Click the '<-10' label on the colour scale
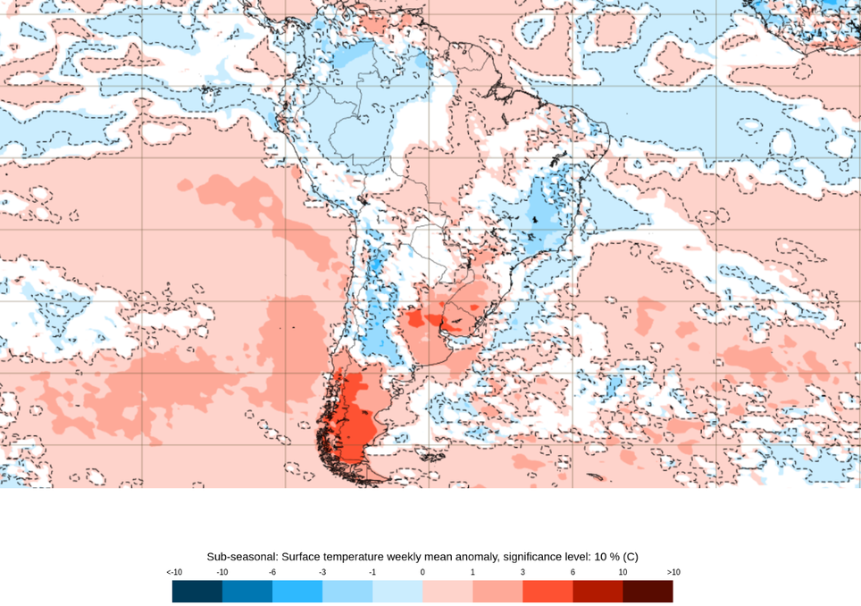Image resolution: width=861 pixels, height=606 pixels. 174,572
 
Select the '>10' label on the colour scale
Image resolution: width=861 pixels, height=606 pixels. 673,572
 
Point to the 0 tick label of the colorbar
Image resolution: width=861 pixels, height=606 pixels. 422,572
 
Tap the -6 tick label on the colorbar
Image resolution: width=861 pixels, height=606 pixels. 272,572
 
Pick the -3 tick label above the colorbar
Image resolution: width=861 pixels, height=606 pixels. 322,572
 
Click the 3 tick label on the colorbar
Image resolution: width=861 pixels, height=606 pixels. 522,572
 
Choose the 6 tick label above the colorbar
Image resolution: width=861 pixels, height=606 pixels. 573,572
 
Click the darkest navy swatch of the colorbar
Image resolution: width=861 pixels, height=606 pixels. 197,592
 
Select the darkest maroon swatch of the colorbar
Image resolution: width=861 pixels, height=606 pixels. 648,592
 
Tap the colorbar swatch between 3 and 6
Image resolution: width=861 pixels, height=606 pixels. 548,592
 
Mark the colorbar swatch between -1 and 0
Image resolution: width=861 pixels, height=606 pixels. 397,592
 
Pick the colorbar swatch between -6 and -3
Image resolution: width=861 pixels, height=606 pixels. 297,592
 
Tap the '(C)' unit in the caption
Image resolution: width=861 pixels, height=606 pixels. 630,556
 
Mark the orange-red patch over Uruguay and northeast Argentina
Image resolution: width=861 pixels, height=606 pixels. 429,319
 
